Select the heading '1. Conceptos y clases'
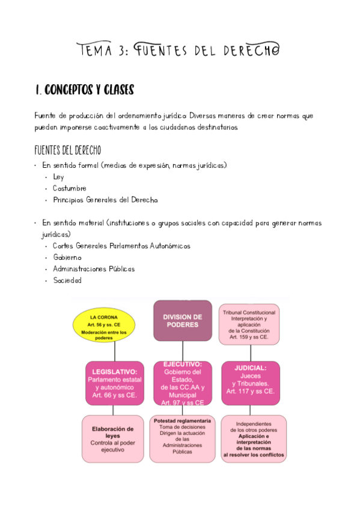point(84,90)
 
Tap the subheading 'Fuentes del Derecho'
point(67,150)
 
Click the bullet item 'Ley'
point(58,177)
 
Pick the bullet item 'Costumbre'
point(69,188)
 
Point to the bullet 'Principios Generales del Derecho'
point(105,200)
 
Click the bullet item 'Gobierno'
point(67,257)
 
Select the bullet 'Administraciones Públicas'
point(93,269)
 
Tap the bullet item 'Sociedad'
point(67,280)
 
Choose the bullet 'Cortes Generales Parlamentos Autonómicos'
point(121,246)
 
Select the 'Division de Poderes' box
point(182,321)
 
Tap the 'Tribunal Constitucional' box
point(249,325)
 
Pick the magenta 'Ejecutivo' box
point(182,383)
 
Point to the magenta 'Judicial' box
point(251,379)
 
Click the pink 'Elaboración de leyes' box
point(112,439)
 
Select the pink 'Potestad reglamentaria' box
point(182,439)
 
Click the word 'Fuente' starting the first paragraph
point(46,115)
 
